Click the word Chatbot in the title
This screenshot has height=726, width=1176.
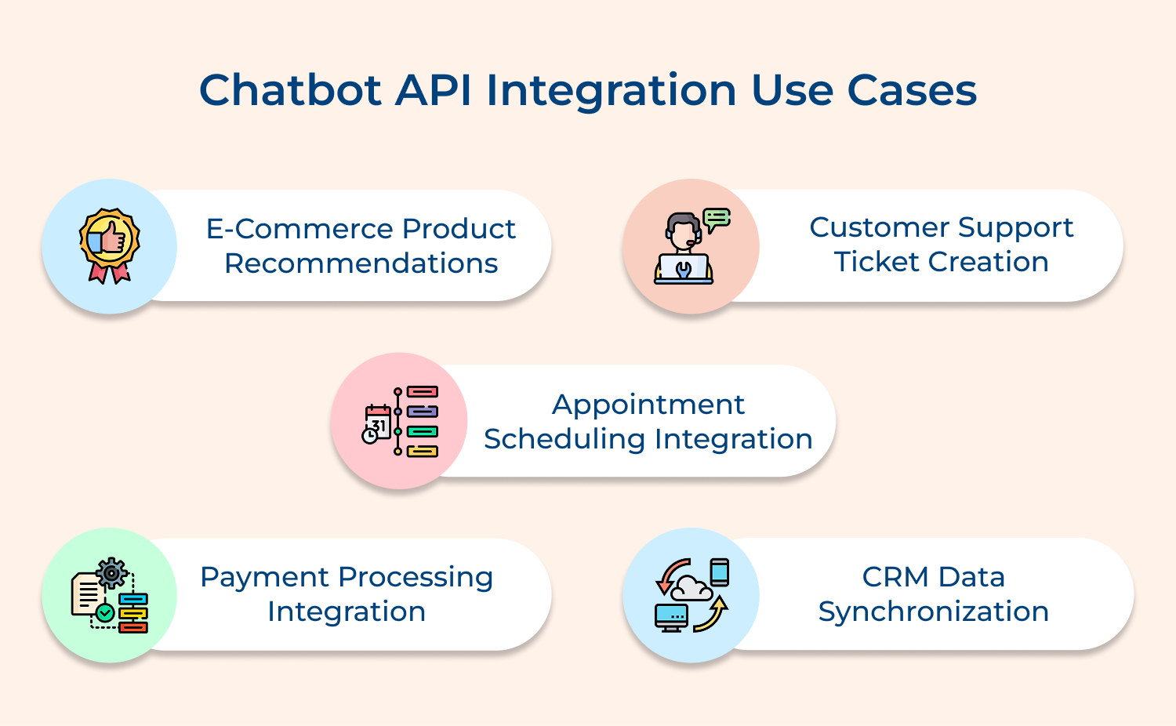click(290, 90)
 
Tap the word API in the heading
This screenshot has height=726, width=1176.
click(434, 90)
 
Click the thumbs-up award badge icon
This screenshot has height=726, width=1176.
click(110, 245)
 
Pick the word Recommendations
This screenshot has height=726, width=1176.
click(361, 263)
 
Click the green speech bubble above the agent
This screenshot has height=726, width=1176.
click(717, 219)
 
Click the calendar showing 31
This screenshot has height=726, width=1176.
click(378, 423)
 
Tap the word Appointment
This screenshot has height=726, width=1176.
click(648, 405)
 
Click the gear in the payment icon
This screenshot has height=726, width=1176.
click(112, 573)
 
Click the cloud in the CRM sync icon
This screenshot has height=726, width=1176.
click(690, 587)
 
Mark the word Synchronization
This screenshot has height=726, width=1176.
click(933, 612)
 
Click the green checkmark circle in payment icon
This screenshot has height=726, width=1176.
click(105, 612)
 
